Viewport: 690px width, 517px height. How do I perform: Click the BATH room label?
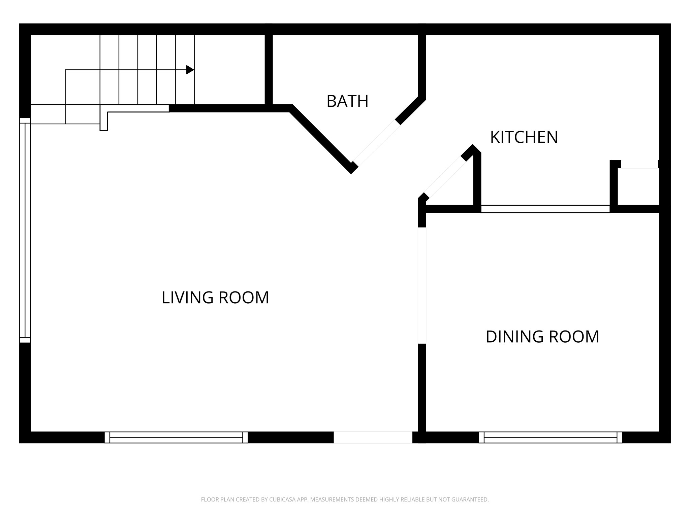347,101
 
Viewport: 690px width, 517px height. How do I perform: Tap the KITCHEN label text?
524,137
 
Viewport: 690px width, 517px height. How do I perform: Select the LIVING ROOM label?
215,298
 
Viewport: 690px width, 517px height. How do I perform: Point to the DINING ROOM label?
542,337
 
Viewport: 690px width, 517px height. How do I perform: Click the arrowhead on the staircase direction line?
190,70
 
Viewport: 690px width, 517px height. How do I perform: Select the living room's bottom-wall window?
176,437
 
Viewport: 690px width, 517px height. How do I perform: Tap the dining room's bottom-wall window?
550,437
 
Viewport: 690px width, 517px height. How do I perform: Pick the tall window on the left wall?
25,230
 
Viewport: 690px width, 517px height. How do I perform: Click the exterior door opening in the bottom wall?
373,437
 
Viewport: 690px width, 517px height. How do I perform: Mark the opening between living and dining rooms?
422,285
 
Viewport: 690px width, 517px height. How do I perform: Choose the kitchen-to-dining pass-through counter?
545,209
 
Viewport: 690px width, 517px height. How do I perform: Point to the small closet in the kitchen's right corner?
638,187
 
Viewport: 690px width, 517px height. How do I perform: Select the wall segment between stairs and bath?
269,69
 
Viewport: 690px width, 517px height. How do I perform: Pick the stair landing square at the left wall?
48,114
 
